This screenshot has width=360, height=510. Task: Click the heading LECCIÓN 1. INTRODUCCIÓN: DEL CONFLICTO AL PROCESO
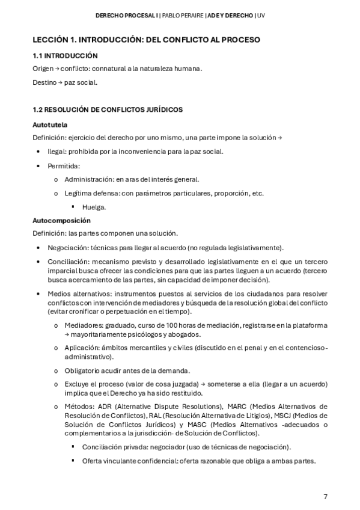click(146, 40)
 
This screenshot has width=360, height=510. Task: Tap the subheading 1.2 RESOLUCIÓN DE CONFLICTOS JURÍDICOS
click(108, 109)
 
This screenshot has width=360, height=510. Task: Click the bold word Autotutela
click(50, 125)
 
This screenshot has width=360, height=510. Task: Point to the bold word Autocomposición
click(61, 221)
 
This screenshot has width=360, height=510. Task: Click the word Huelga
click(94, 207)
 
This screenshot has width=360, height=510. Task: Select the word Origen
click(43, 69)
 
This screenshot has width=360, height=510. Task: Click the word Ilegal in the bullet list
click(56, 152)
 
